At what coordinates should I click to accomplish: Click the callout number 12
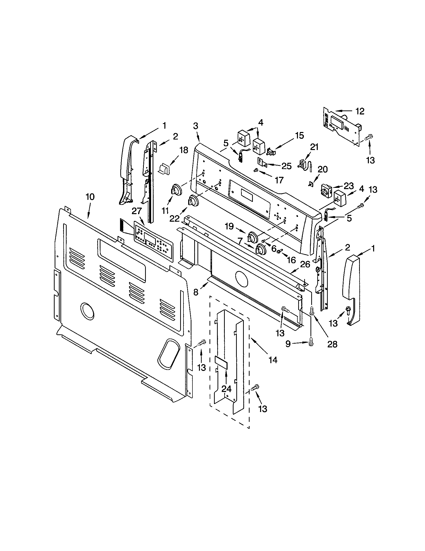pos(360,111)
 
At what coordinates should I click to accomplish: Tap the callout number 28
pos(332,344)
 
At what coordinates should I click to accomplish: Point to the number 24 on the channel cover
pos(226,389)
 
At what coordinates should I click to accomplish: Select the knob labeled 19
pos(252,237)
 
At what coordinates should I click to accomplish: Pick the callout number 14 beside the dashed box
pos(273,360)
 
